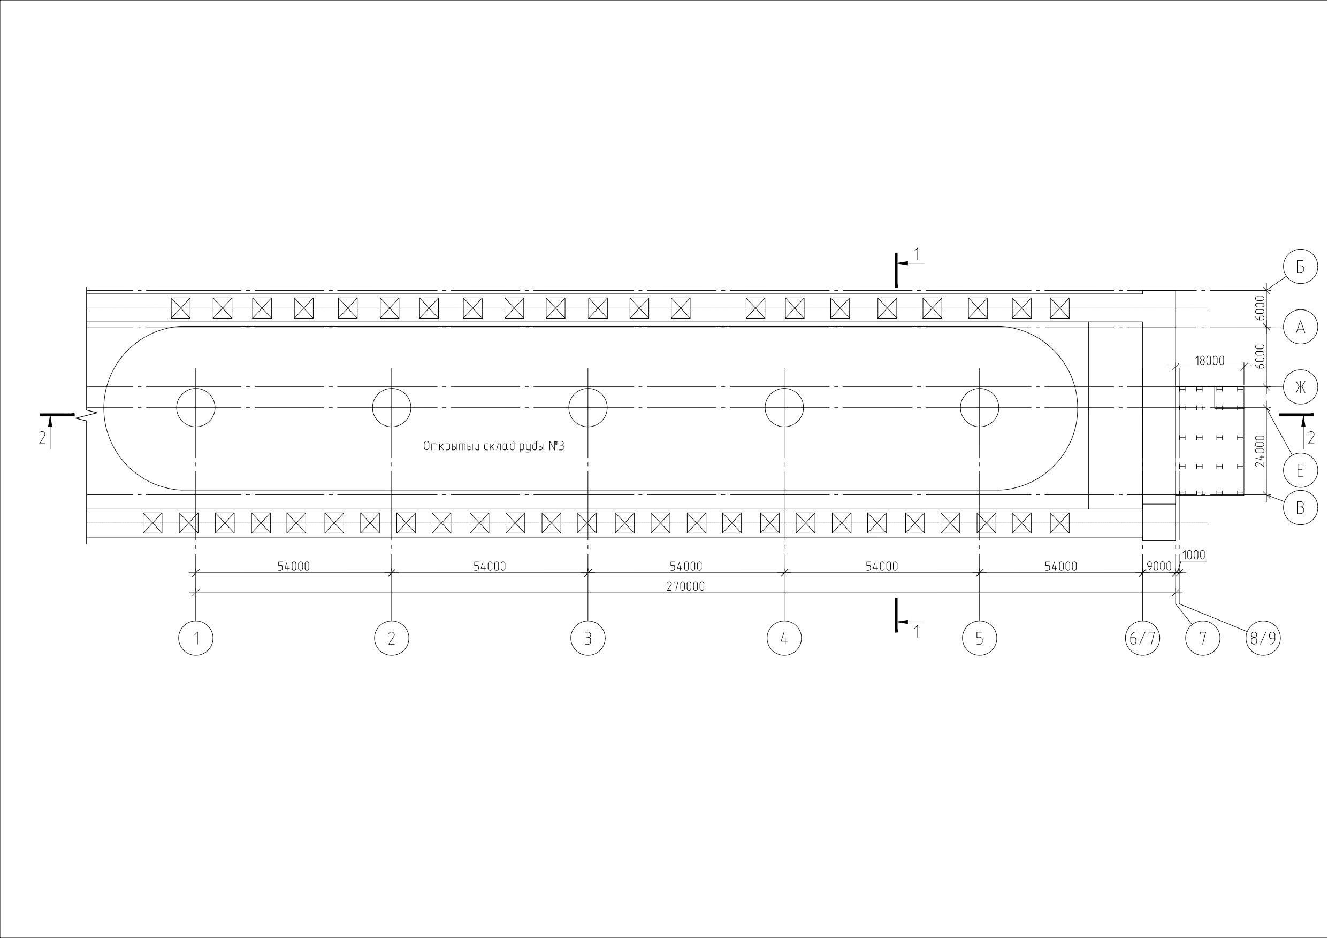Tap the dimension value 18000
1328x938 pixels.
[x=1209, y=361]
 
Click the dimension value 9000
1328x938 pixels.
[x=1159, y=567]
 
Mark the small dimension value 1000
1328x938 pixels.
[x=1194, y=555]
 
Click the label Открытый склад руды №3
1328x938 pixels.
[x=493, y=446]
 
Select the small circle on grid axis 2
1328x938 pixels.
[x=392, y=407]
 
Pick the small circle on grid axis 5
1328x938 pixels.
[x=979, y=407]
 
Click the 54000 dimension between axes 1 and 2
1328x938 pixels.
[x=293, y=567]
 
